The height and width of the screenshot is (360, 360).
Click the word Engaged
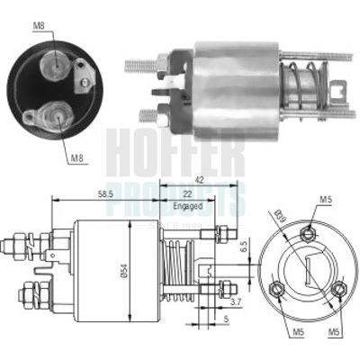pos(184,206)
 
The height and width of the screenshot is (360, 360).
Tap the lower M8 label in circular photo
pos(80,157)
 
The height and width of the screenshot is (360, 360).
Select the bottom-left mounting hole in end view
pos(277,289)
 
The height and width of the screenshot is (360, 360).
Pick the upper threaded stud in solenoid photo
pos(140,65)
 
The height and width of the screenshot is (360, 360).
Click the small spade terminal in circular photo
pos(85,75)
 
